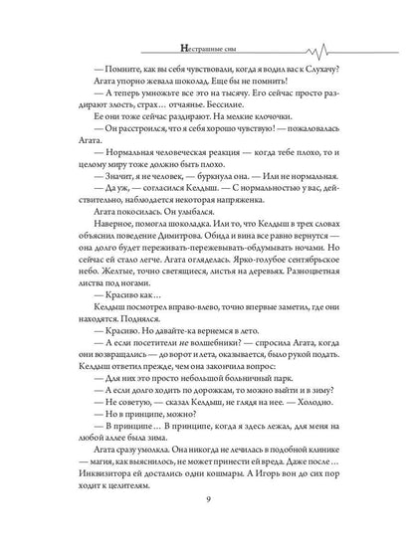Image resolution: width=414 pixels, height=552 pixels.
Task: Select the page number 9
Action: point(206,528)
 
